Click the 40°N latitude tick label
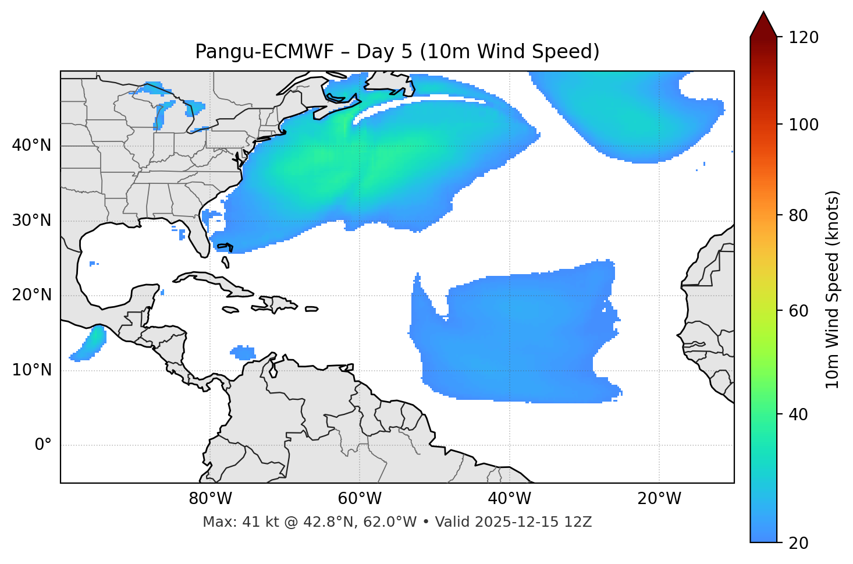pyautogui.click(x=31, y=146)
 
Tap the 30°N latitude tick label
pyautogui.click(x=31, y=221)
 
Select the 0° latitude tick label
pyautogui.click(x=43, y=445)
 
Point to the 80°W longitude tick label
pyautogui.click(x=210, y=499)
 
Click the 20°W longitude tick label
pyautogui.click(x=659, y=499)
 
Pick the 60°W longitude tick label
pyautogui.click(x=360, y=499)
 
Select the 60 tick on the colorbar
pyautogui.click(x=802, y=311)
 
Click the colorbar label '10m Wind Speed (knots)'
pyautogui.click(x=833, y=290)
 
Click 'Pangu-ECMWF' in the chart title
pyautogui.click(x=264, y=52)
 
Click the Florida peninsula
pyautogui.click(x=201, y=236)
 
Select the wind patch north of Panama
pyautogui.click(x=243, y=353)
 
